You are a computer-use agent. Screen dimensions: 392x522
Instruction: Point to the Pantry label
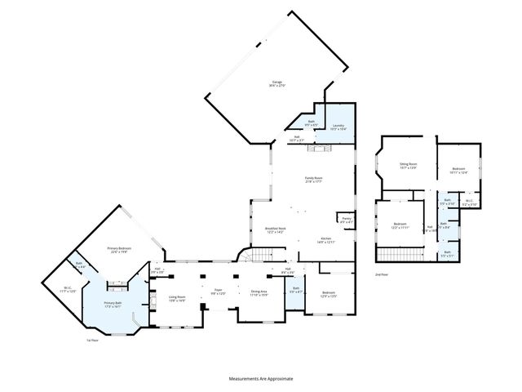[x=347, y=218]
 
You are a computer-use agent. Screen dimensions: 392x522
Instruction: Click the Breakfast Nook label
[x=275, y=230]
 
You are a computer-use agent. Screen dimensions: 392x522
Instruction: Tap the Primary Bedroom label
[x=121, y=249]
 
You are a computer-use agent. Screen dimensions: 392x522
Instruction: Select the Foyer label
[x=218, y=292]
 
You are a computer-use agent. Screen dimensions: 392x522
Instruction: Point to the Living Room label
[x=177, y=298]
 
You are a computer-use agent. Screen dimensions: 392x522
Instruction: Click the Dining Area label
[x=259, y=292]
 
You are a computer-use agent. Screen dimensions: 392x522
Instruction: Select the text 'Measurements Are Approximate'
[x=260, y=379]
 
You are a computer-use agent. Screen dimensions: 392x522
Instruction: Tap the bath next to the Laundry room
[x=311, y=123]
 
